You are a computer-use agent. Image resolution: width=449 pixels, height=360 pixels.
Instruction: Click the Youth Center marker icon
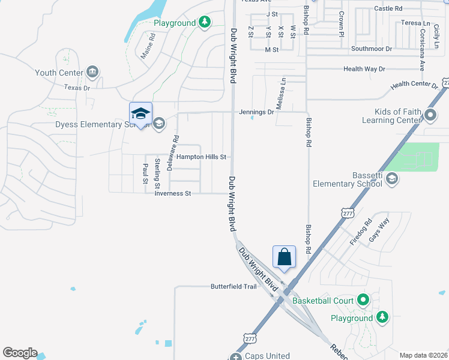pos(92,73)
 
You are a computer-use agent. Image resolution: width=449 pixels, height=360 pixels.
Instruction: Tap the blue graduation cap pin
pos(140,114)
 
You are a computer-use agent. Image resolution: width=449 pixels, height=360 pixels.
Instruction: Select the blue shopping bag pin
pos(285,257)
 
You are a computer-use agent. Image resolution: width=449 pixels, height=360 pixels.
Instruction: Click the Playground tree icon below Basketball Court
pos(382,317)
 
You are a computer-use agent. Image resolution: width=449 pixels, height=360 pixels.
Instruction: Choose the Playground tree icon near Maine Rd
pos(205,22)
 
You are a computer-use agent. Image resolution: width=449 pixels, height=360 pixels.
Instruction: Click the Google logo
pos(20,353)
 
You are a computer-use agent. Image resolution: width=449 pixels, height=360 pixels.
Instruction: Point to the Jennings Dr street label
pos(256,112)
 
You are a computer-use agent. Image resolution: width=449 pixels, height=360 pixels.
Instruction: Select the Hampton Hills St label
pos(201,157)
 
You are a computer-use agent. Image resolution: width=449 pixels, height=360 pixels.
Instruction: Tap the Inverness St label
pos(172,193)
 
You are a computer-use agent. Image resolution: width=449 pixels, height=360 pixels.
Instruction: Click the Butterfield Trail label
pos(234,286)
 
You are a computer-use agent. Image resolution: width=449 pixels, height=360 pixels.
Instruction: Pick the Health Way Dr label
pos(364,69)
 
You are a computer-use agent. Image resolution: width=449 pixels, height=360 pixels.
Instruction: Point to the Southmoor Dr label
pos(372,48)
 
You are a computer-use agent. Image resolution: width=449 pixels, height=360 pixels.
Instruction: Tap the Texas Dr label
pos(77,88)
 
